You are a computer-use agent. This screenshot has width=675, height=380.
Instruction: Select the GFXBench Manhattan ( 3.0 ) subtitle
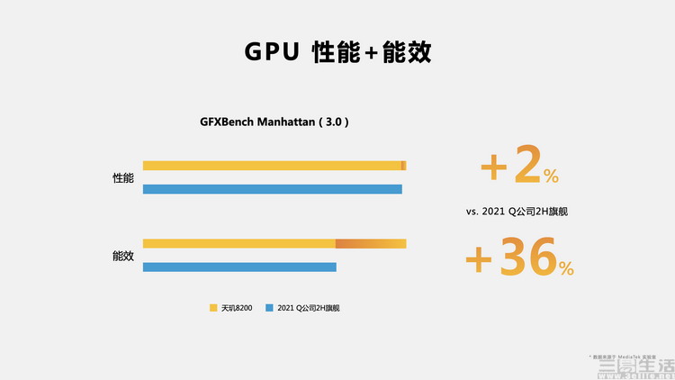click(274, 122)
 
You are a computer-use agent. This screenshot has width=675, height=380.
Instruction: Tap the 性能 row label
click(123, 178)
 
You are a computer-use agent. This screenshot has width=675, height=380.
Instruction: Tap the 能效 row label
click(123, 256)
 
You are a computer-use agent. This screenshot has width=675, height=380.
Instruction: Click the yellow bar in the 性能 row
click(270, 166)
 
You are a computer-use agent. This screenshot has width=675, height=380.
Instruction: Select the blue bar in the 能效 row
click(239, 267)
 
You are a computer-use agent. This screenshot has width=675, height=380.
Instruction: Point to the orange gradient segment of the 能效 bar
click(370, 243)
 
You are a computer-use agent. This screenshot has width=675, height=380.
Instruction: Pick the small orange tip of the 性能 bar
click(403, 166)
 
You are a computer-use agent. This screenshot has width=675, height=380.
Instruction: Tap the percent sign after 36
click(565, 267)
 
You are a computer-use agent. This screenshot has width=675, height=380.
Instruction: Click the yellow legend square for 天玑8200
click(213, 308)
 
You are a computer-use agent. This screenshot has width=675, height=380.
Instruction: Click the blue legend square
click(269, 308)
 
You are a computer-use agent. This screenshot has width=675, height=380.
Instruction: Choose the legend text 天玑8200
click(236, 308)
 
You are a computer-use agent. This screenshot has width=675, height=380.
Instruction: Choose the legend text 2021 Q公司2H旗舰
click(308, 308)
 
